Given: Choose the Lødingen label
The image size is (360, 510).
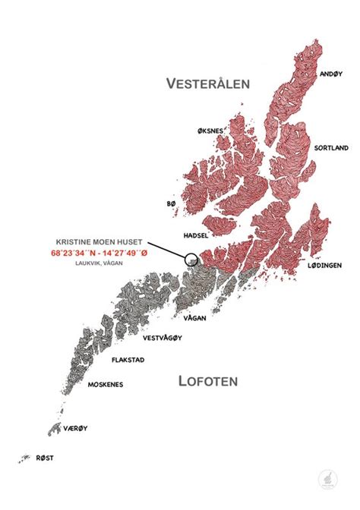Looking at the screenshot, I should coord(324,266).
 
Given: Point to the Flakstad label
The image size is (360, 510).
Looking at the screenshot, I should coord(128,361).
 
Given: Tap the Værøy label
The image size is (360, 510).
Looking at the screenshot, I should coord(76,428).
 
